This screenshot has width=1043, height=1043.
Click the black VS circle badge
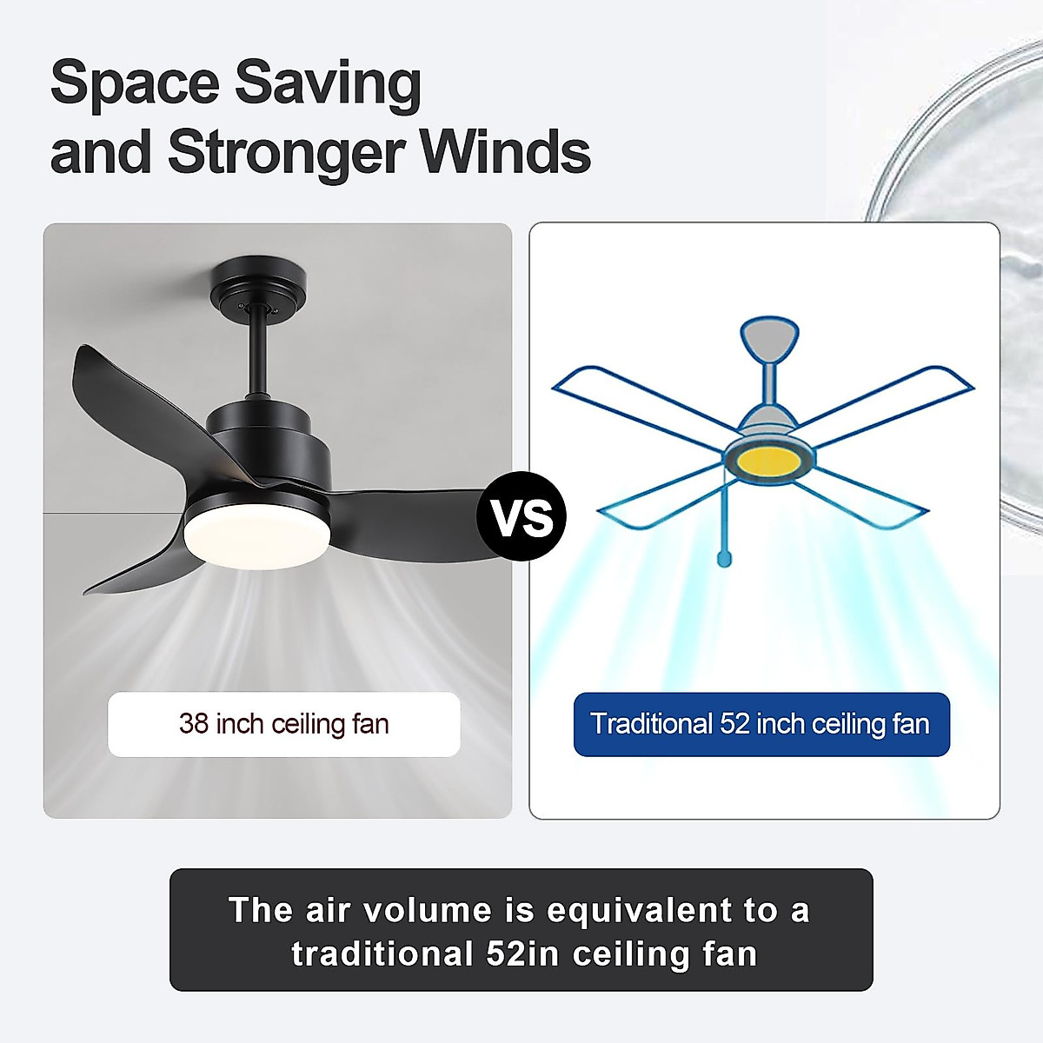point(521,516)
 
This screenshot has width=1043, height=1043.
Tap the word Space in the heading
point(134,83)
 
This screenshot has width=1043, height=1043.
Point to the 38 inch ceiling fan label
point(283,724)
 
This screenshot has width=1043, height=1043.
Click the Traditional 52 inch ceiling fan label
point(761,724)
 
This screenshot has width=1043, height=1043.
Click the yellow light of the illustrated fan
point(769,460)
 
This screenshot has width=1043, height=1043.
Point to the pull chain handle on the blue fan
point(723,555)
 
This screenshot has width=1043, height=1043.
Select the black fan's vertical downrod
point(258,356)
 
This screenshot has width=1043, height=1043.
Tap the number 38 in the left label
point(194,724)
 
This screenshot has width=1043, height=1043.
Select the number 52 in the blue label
point(734,724)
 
